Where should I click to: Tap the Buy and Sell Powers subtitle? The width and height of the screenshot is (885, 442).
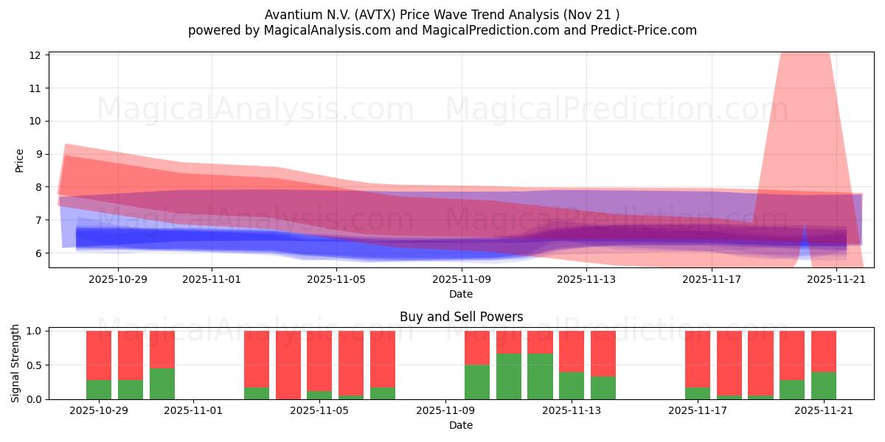(x=461, y=317)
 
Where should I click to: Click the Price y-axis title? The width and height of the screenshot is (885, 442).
(x=20, y=160)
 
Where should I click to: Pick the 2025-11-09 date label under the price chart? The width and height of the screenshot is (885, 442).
(x=461, y=279)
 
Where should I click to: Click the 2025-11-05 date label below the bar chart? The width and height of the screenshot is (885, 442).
(x=319, y=410)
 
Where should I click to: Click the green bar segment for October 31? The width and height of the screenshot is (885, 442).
(x=162, y=383)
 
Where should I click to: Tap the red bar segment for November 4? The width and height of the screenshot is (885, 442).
(x=288, y=365)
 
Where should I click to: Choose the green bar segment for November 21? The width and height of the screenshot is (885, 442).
(x=824, y=385)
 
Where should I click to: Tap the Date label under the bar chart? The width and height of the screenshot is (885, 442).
(x=461, y=425)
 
